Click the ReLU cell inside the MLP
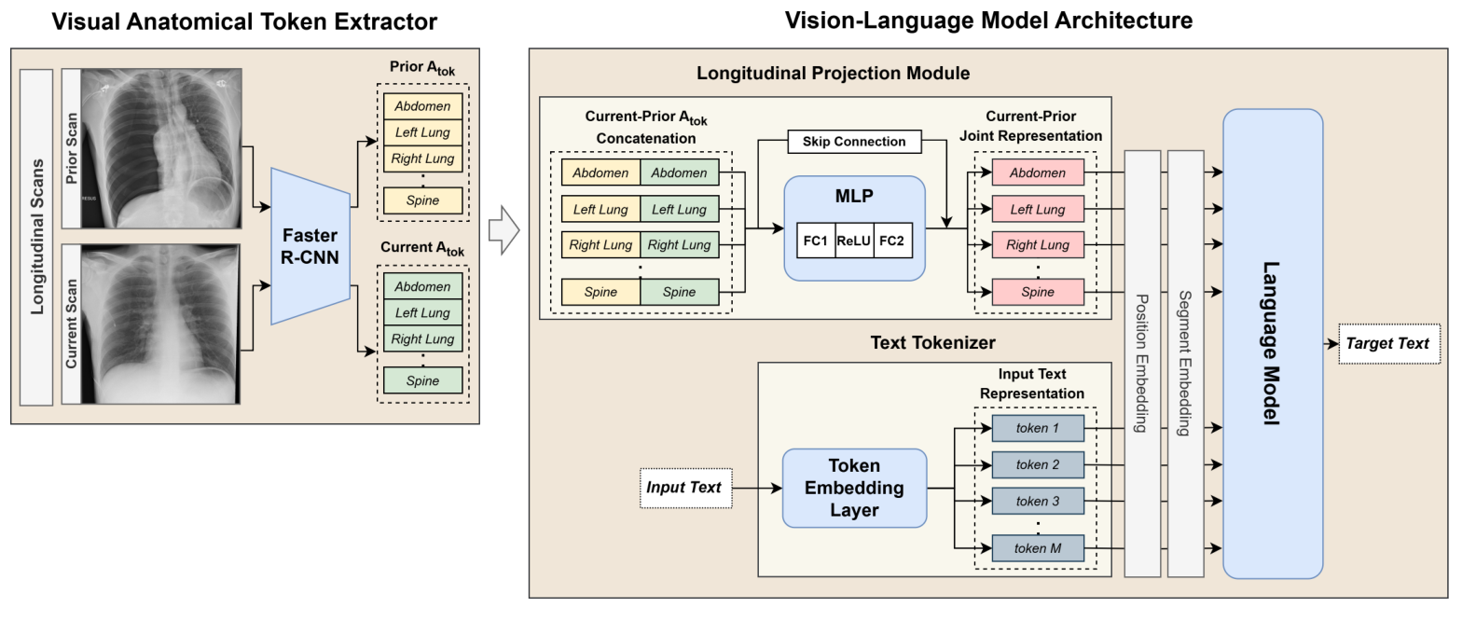(x=854, y=240)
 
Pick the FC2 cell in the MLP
(x=891, y=240)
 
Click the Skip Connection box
(x=854, y=142)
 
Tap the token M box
(x=1038, y=548)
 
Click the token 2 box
(x=1038, y=464)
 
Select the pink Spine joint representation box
(x=1038, y=292)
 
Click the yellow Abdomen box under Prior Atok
(x=422, y=105)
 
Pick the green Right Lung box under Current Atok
(x=422, y=338)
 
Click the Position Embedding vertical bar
(x=1143, y=364)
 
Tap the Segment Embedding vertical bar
(x=1184, y=364)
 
